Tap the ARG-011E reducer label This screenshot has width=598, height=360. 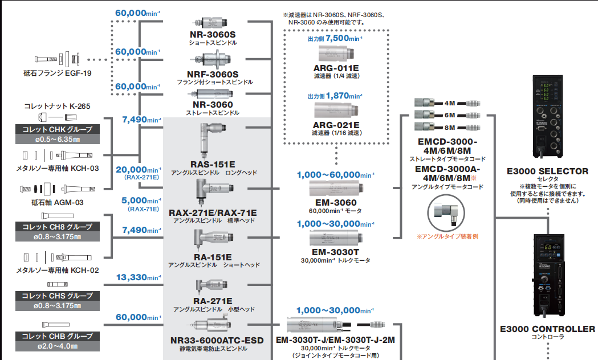click(x=336, y=68)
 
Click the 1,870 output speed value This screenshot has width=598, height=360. click(x=341, y=96)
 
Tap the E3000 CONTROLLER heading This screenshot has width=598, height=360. click(x=547, y=329)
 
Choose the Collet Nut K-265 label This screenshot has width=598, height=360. click(x=57, y=106)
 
